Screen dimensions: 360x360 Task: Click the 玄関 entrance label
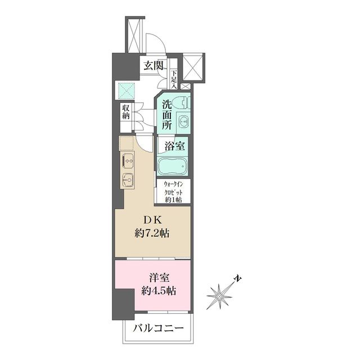pos(153,65)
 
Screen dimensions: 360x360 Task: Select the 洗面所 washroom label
pos(167,115)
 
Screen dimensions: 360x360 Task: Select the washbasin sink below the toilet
pos(184,121)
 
